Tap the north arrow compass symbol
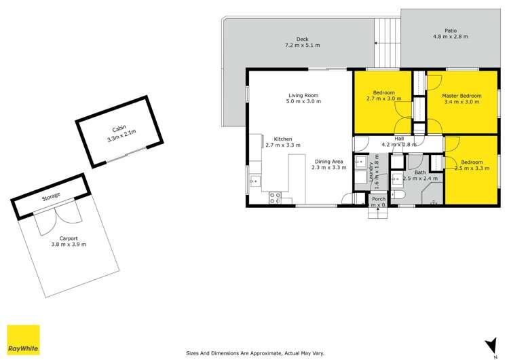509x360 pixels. pyautogui.click(x=487, y=344)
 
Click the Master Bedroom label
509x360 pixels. pyautogui.click(x=461, y=96)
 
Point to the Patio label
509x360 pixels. pyautogui.click(x=451, y=30)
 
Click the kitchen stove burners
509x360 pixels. pyautogui.click(x=276, y=198)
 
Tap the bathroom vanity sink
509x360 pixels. pyautogui.click(x=396, y=181)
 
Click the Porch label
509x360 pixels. pyautogui.click(x=378, y=198)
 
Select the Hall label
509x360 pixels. pyautogui.click(x=399, y=138)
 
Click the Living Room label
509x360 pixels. pyautogui.click(x=303, y=95)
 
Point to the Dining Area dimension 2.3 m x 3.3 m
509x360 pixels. pyautogui.click(x=329, y=167)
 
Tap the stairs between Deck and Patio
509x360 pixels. pyautogui.click(x=388, y=37)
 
